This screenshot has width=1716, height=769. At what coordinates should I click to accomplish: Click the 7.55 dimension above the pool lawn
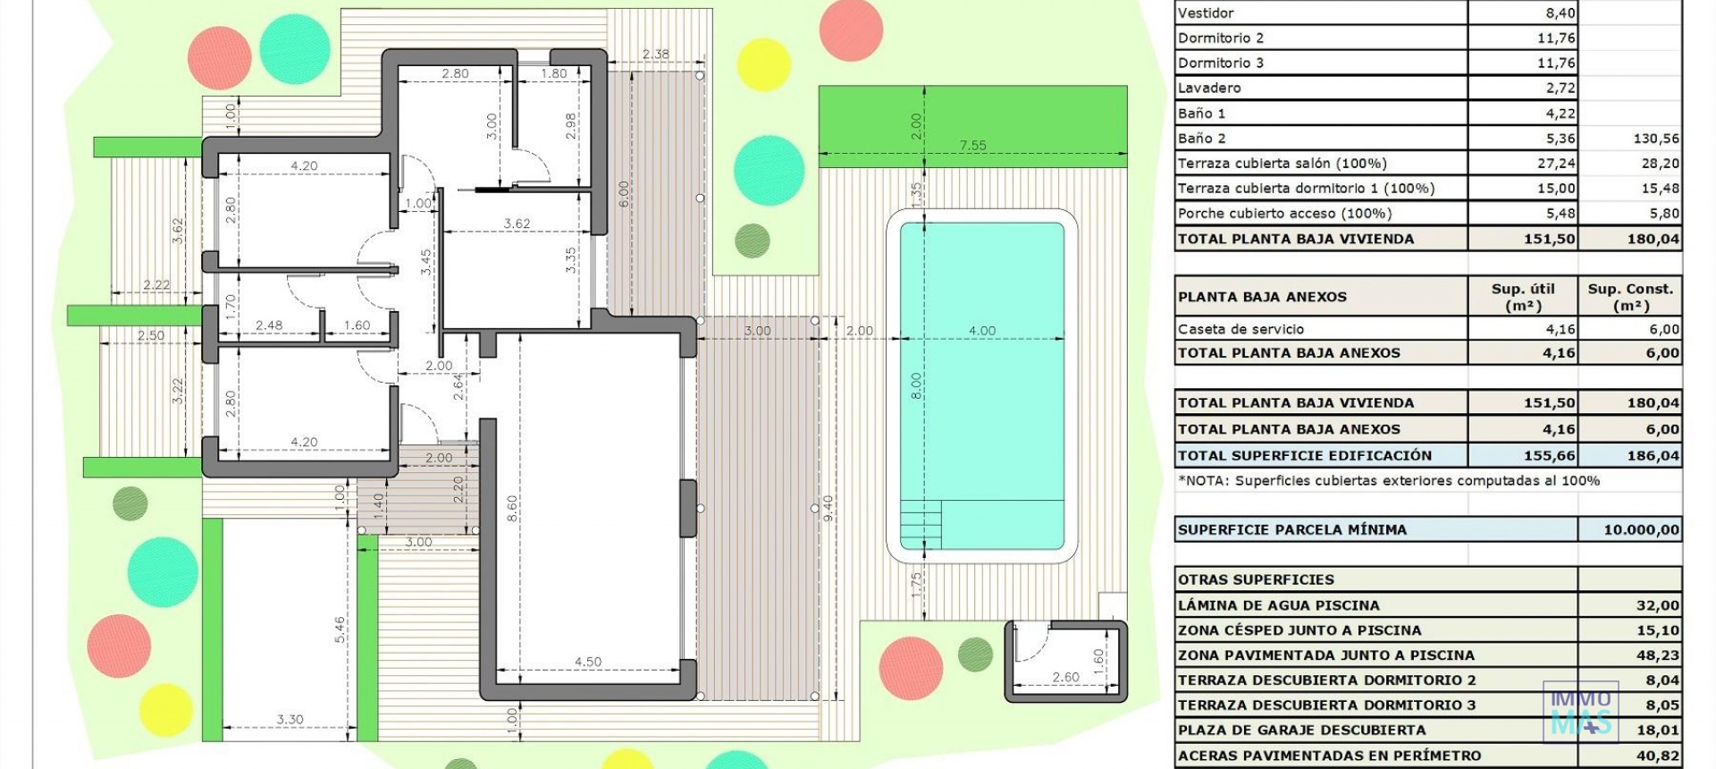click(972, 145)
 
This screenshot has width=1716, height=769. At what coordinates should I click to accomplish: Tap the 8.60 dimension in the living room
click(512, 509)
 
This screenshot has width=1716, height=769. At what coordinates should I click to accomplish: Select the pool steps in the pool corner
click(921, 523)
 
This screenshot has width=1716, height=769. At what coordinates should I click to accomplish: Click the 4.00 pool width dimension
click(981, 330)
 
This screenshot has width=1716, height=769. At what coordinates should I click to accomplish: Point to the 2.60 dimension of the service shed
click(1065, 677)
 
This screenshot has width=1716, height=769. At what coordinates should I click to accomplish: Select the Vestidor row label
click(1206, 13)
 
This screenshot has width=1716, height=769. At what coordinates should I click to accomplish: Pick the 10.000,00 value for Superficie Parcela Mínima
click(1641, 529)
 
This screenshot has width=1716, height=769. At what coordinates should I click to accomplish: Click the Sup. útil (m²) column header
click(1523, 297)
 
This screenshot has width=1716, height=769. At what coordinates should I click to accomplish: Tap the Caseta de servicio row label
click(1241, 329)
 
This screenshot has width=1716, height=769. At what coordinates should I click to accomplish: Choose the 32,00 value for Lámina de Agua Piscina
click(1657, 605)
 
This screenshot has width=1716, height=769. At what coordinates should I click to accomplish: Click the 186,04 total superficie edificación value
click(1653, 455)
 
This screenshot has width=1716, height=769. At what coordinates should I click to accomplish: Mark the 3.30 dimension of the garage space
click(290, 719)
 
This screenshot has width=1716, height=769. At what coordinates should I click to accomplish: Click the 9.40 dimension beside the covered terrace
click(828, 509)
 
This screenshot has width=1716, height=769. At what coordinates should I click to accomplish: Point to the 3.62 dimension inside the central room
click(517, 224)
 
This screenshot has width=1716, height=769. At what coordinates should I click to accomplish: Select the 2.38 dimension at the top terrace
click(655, 54)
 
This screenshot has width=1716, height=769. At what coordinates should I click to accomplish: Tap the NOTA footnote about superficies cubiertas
click(1388, 480)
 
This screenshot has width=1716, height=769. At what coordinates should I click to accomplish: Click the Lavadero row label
click(1209, 88)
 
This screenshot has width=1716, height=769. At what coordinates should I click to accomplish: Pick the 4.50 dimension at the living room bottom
click(587, 662)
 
